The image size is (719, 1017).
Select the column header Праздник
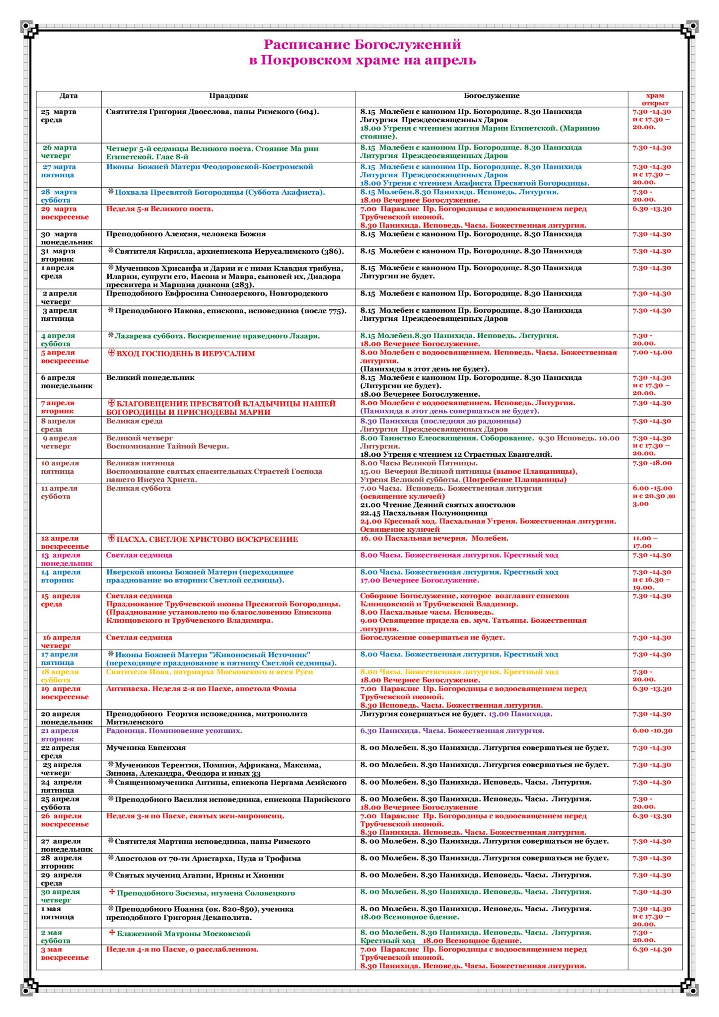point(228,96)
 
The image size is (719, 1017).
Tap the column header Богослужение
point(492,96)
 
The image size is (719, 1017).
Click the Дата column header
point(69,96)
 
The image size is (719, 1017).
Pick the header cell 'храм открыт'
point(655,99)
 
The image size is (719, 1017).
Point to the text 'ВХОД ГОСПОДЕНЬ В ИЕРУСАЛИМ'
point(186,354)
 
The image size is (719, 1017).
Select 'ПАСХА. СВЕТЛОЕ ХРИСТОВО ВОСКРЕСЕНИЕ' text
point(207,539)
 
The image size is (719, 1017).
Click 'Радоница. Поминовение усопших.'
point(174,731)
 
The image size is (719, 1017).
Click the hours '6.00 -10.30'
point(652,731)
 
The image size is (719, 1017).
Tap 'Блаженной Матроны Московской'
point(184,934)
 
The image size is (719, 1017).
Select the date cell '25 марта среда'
point(59,116)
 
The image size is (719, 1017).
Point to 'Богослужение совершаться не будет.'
point(432,638)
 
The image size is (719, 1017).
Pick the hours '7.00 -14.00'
point(652,353)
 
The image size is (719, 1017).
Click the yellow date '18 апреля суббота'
point(60,676)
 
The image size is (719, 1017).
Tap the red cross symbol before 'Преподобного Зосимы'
point(112,892)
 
